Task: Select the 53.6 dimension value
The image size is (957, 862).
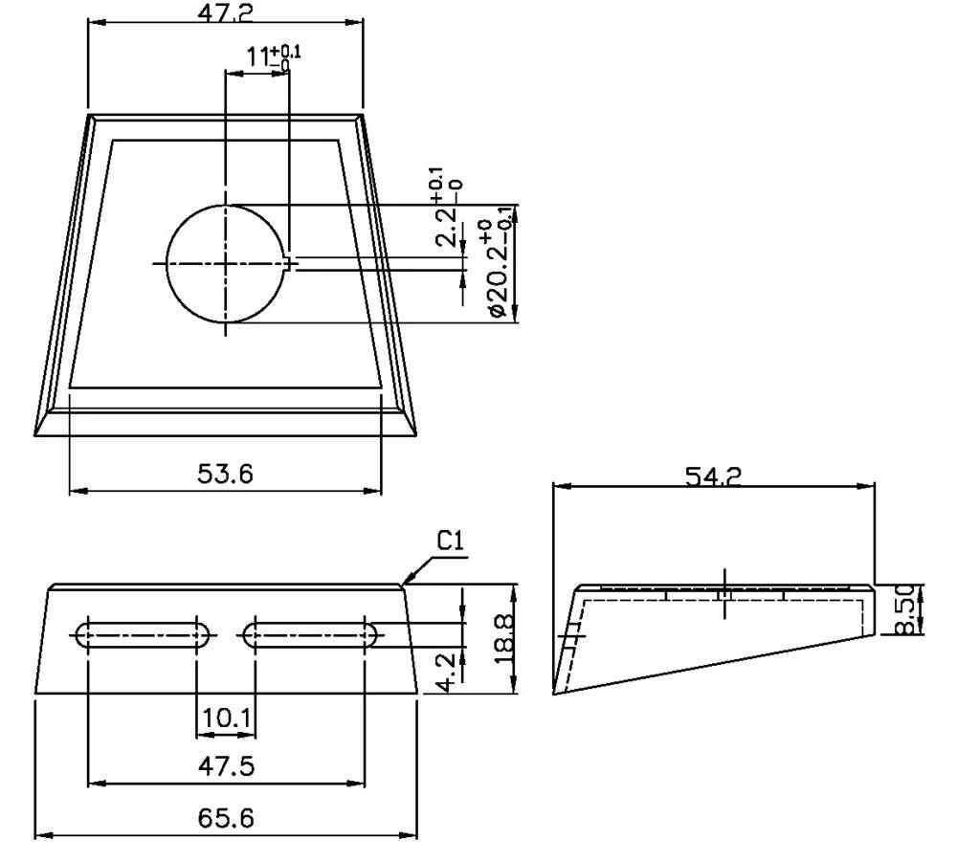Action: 226,472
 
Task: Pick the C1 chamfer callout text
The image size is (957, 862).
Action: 451,541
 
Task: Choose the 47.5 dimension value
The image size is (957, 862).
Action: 226,766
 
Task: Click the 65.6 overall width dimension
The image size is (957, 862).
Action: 226,818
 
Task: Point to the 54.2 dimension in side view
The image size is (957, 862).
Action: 714,475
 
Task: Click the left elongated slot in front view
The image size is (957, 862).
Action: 144,633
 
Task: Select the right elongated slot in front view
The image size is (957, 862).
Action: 310,633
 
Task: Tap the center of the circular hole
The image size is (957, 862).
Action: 227,262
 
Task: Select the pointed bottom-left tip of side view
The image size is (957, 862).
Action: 554,693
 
